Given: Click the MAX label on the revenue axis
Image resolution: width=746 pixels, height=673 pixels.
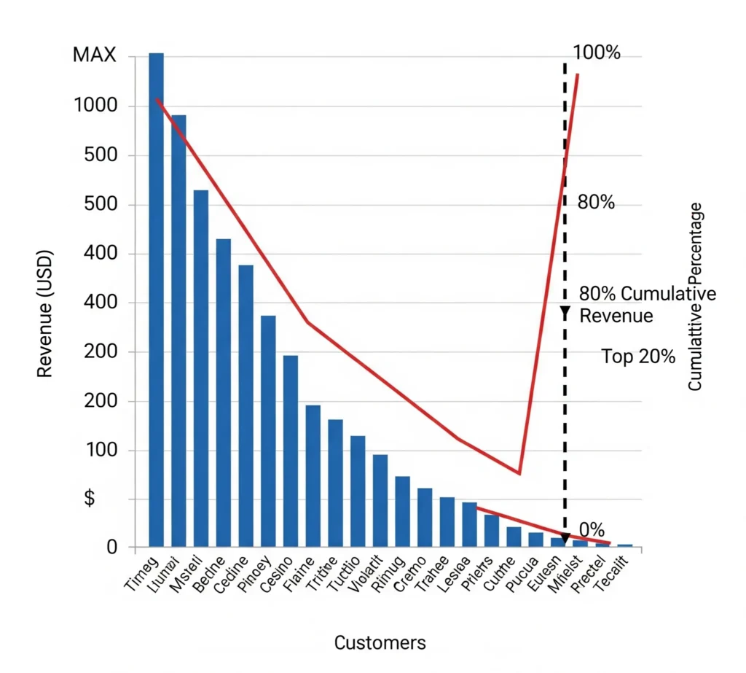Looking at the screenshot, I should (95, 55).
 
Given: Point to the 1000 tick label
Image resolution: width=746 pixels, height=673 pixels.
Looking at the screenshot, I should (95, 106).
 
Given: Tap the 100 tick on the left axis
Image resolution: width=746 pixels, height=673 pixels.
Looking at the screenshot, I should (101, 450).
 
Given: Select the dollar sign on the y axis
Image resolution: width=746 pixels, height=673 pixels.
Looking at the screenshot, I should (90, 499).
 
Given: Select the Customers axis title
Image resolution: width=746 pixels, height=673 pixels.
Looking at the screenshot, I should (380, 642).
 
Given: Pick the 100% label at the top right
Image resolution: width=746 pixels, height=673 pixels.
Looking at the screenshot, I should (597, 52).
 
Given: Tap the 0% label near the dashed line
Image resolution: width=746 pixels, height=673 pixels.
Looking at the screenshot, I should (592, 530).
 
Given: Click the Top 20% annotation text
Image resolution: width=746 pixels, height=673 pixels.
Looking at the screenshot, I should (638, 357).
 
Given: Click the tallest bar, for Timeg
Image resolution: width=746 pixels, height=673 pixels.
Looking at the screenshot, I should (156, 299).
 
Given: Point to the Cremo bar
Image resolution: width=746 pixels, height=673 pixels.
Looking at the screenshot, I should (425, 517).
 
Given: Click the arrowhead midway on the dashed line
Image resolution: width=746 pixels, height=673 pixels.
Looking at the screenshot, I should (565, 313).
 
